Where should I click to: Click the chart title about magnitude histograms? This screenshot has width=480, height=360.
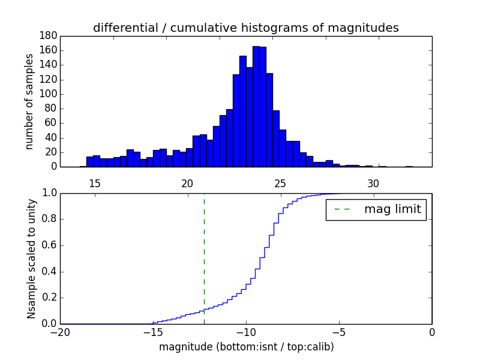(245, 28)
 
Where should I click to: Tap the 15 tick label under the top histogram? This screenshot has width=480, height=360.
(95, 183)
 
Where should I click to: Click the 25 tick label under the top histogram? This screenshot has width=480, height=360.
(280, 183)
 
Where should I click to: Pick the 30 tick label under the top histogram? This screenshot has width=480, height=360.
(373, 183)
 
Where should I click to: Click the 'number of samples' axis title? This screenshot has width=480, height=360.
(29, 101)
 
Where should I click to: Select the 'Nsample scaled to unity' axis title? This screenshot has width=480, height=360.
(31, 259)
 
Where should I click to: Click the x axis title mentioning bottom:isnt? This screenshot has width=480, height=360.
(246, 347)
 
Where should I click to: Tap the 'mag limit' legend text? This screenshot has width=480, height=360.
(392, 209)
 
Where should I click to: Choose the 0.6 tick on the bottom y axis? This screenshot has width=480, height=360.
(49, 245)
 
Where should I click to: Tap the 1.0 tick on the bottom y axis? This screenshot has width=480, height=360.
(49, 193)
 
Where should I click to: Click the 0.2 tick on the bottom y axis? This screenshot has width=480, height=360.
(49, 298)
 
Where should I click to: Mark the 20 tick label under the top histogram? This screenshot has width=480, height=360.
(187, 183)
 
